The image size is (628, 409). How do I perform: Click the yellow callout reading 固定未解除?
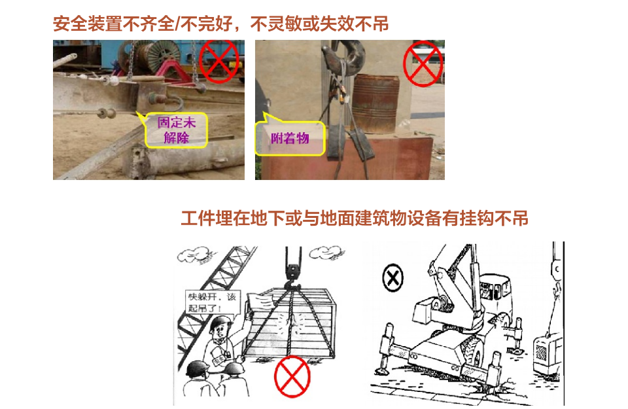pyautogui.click(x=176, y=130)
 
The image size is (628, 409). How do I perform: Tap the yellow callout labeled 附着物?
pyautogui.click(x=290, y=139)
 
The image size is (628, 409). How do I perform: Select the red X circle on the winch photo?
pyautogui.click(x=218, y=61)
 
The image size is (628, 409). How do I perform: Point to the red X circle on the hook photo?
pyautogui.click(x=423, y=63)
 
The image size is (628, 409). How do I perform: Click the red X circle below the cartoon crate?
pyautogui.click(x=292, y=376)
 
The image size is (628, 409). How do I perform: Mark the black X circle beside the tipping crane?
pyautogui.click(x=393, y=277)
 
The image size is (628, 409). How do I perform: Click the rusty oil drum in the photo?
pyautogui.click(x=375, y=104)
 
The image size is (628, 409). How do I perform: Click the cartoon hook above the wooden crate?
pyautogui.click(x=293, y=277)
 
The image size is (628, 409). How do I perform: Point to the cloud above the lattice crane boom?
pyautogui.click(x=195, y=255)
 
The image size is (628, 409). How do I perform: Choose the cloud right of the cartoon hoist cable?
pyautogui.click(x=326, y=253)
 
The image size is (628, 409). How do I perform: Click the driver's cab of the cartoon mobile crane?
pyautogui.click(x=495, y=293)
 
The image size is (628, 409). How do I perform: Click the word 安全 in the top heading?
pyautogui.click(x=70, y=24)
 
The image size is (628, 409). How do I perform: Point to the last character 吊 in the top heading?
pyautogui.click(x=380, y=24)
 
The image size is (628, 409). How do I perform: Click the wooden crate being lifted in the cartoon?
pyautogui.click(x=290, y=323)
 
